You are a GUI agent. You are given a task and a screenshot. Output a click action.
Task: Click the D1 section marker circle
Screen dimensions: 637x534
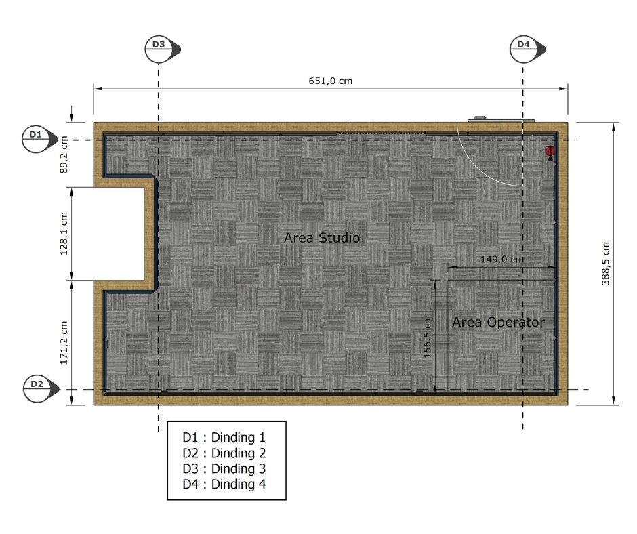(36, 139)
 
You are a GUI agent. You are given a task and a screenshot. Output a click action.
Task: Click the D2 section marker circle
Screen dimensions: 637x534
(37, 389)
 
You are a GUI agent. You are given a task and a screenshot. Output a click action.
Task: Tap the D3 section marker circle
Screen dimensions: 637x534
(159, 49)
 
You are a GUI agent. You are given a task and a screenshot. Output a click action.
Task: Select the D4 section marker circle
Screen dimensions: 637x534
(524, 49)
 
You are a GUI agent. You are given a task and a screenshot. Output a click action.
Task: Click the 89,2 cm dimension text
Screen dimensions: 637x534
(64, 155)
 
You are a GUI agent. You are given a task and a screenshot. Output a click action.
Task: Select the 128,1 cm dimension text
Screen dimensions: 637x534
(64, 234)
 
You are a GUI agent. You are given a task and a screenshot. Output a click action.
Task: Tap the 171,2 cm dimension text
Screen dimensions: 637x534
(64, 343)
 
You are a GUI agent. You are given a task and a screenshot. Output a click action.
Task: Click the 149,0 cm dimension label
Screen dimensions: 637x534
(502, 260)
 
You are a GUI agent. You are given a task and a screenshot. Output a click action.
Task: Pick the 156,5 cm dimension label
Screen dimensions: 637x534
(427, 337)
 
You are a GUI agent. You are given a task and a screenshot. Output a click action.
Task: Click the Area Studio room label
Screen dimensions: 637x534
(322, 238)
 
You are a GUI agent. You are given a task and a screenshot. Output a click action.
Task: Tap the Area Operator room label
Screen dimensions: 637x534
(499, 323)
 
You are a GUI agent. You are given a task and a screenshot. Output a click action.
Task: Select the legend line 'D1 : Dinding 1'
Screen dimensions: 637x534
(224, 437)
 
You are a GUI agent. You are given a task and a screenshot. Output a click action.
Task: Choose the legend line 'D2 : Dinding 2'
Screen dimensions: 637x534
(224, 453)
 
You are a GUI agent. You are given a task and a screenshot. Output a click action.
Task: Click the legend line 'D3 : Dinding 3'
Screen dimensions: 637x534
(224, 468)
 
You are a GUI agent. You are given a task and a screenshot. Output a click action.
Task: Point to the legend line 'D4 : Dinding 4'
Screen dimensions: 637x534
(224, 484)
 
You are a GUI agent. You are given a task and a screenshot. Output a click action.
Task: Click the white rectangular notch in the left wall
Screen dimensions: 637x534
(119, 234)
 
